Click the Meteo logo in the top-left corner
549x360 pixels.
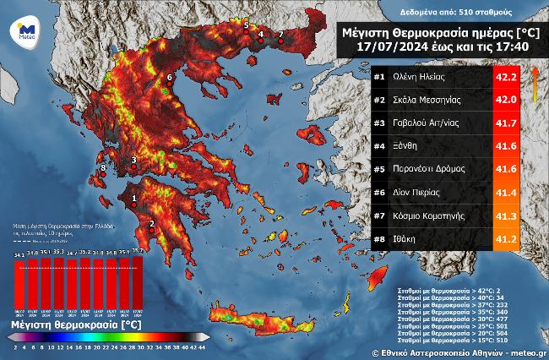(x=22, y=32)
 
